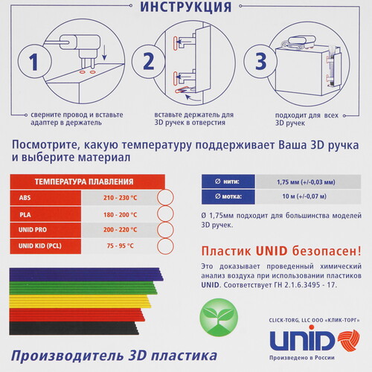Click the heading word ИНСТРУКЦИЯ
185,8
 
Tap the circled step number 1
29,62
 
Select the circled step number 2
148,62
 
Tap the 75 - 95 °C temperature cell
121,246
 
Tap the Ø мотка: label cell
228,197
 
